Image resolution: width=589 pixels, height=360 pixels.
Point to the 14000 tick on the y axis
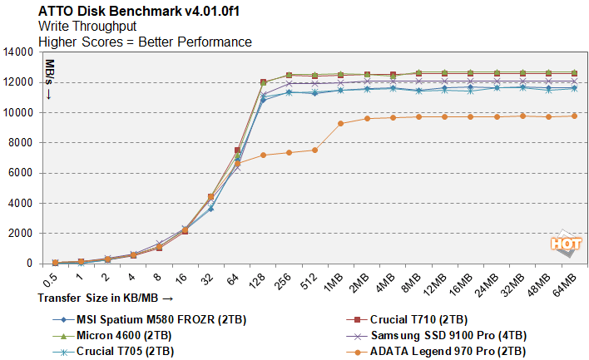(x=17, y=52)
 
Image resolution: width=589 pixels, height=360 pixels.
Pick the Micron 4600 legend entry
(x=122, y=335)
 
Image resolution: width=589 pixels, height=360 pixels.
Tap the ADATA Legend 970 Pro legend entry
(x=448, y=351)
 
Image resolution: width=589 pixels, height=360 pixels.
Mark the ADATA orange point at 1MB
(x=341, y=123)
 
